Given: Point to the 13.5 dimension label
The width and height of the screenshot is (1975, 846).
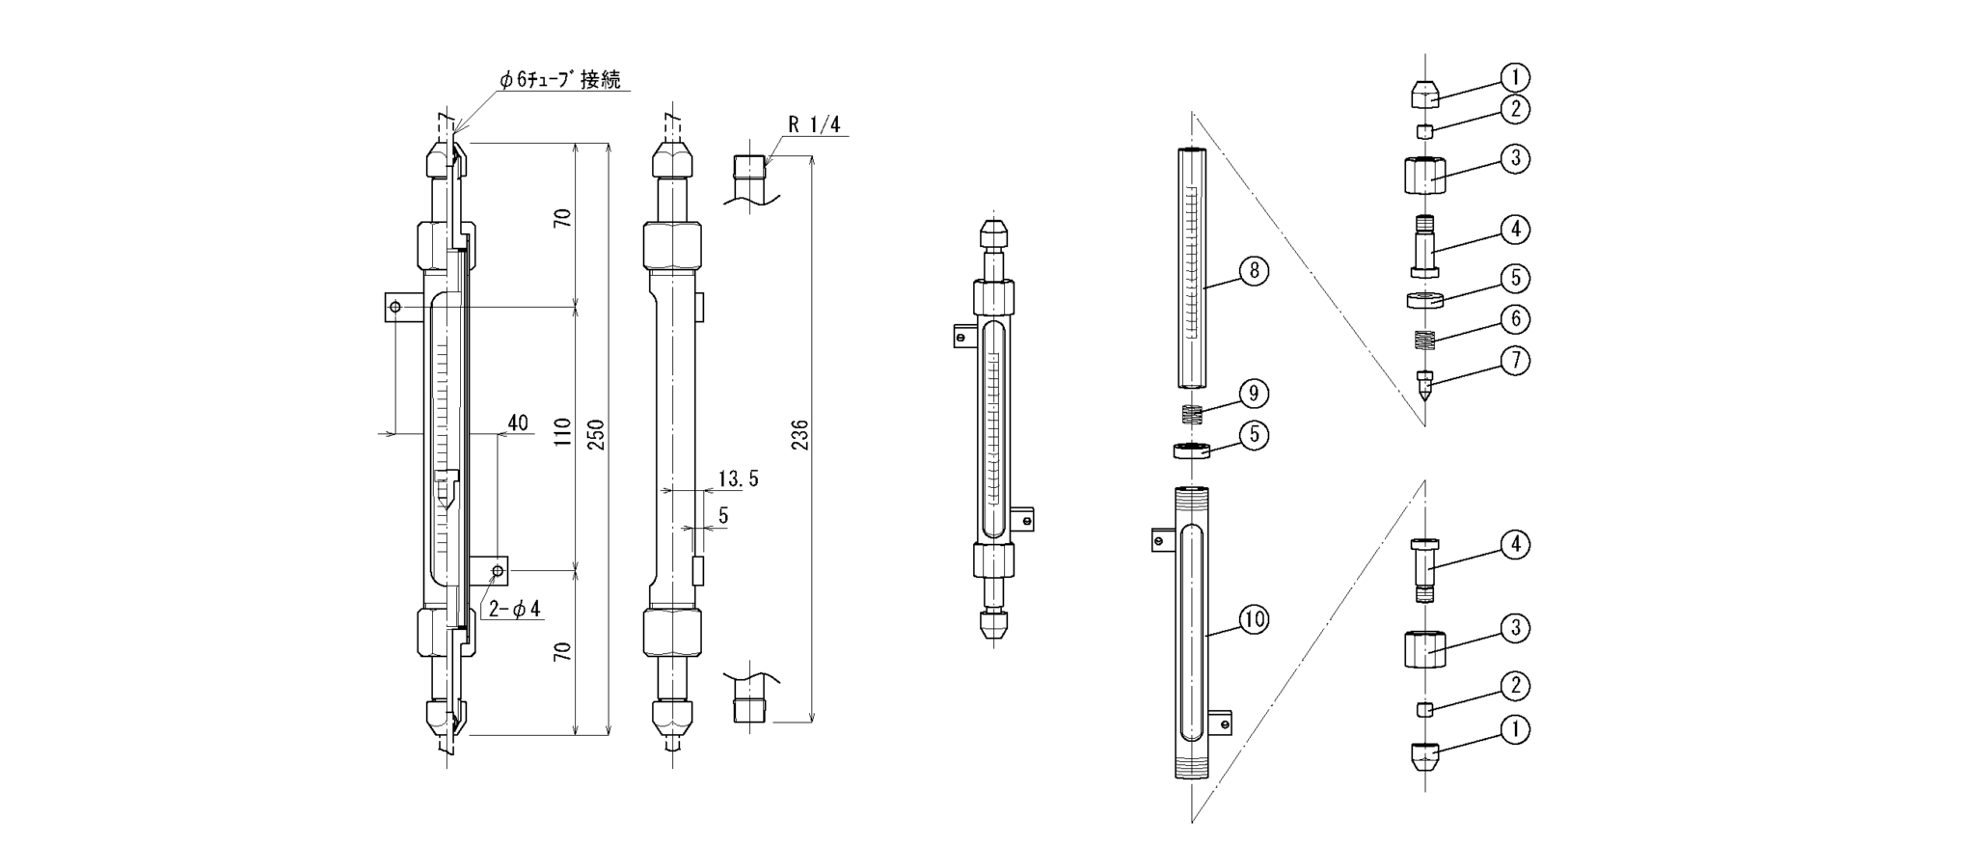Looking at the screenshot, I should point(738,478).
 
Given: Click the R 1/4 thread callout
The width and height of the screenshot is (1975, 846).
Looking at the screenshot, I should point(814,124).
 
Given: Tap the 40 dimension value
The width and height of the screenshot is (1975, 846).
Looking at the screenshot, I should point(518,423).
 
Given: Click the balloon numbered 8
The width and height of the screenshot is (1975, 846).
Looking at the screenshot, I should point(1254,271).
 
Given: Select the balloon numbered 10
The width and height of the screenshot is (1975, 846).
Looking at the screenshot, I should point(1254,619).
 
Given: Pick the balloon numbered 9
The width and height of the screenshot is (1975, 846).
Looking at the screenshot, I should point(1254,394).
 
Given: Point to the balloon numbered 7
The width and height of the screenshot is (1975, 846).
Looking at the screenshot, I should point(1515,361).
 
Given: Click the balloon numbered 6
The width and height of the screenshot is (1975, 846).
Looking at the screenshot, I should point(1515,319).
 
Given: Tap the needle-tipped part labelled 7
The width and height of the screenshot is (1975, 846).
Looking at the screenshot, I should point(1424,384).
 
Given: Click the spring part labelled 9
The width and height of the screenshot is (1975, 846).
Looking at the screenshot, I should point(1194,415).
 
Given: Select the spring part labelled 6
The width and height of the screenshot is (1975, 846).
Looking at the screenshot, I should point(1424,341).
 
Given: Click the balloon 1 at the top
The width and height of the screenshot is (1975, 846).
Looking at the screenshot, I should point(1515,77).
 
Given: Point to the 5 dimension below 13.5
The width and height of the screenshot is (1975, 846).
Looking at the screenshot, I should point(723,516).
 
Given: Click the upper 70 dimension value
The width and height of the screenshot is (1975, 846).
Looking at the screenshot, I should point(563,217).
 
